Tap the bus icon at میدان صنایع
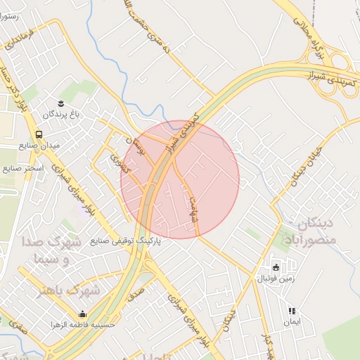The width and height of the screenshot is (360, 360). point(39,134)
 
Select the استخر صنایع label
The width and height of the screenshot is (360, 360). point(23,169)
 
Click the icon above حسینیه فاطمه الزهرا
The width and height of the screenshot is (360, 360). point(84,314)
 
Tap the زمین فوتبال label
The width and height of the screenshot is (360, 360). point(274,280)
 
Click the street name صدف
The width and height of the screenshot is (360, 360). point(136,288)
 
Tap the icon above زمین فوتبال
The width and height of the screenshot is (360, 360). point(275,268)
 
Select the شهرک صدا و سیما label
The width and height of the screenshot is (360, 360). point(54,252)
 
